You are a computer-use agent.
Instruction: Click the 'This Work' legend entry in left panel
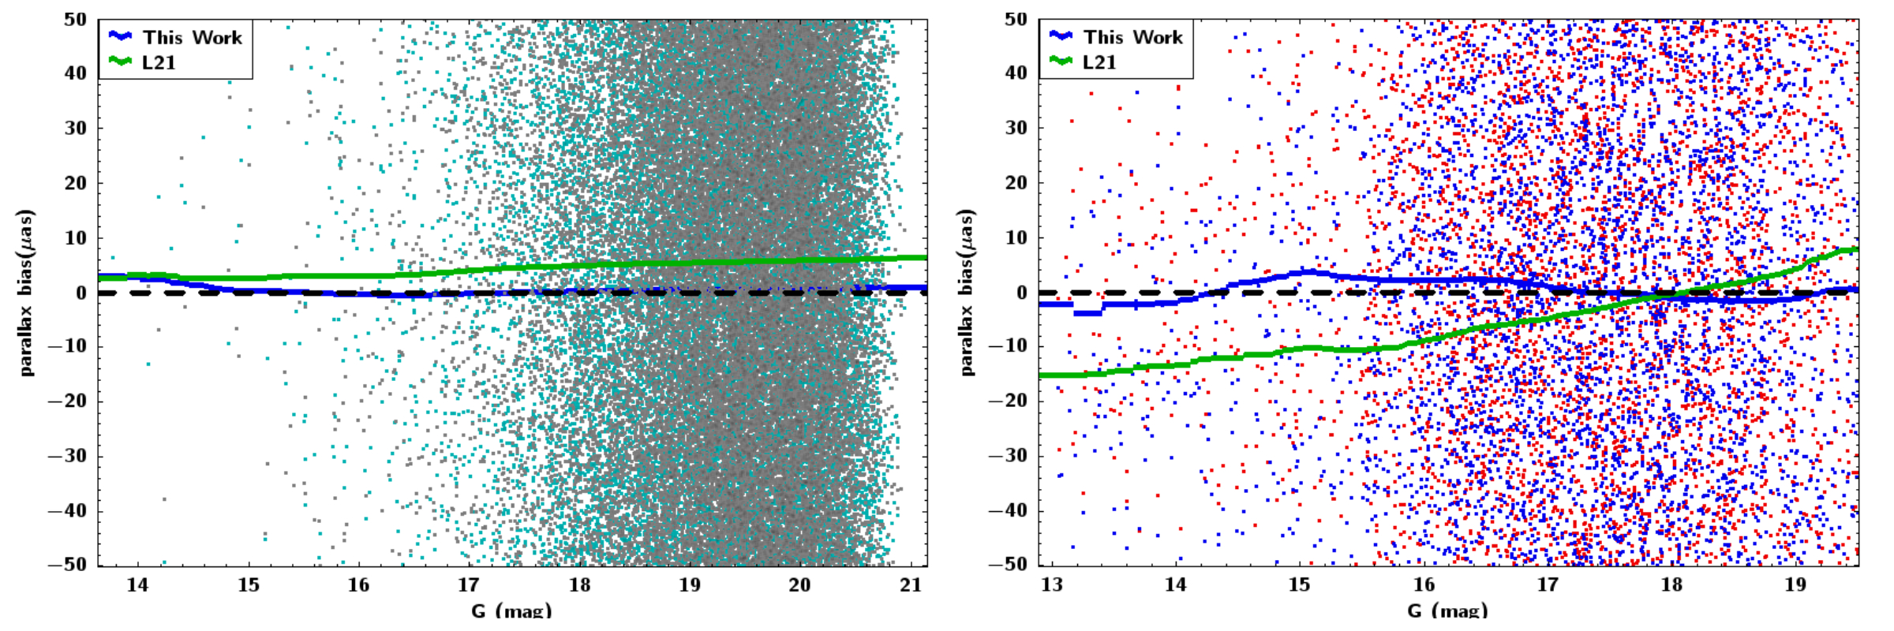(192, 37)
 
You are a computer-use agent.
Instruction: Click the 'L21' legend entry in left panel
(159, 62)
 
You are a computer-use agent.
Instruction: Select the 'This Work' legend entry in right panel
(1132, 37)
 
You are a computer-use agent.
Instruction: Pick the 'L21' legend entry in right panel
(1099, 62)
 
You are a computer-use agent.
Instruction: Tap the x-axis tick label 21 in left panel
(911, 585)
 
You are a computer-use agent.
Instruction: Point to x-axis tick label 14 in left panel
(138, 585)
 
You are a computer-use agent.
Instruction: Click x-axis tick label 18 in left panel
(579, 585)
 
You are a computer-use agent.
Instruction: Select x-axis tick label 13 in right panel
(1052, 585)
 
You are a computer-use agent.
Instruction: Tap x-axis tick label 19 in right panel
(1795, 585)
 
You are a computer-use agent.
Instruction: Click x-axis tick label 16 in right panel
(1424, 585)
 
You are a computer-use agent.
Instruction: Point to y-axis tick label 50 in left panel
(76, 20)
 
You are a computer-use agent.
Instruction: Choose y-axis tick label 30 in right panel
(1016, 128)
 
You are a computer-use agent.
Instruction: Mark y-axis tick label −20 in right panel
(1009, 401)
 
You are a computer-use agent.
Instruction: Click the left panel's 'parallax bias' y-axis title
(27, 292)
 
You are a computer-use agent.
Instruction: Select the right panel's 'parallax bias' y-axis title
(968, 292)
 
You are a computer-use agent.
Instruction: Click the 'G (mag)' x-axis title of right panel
(1447, 610)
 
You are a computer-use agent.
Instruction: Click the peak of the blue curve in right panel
(1310, 272)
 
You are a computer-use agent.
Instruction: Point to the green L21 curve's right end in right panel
(1856, 250)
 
